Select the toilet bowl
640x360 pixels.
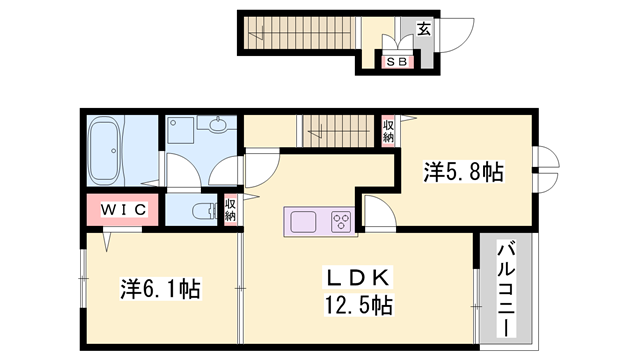[202, 210]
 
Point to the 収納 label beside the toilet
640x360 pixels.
[230, 209]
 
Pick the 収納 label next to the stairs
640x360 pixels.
[388, 131]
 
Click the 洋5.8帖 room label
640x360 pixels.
[462, 172]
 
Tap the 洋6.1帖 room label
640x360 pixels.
[160, 290]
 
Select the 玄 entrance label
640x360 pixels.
[423, 29]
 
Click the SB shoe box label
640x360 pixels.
[397, 63]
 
